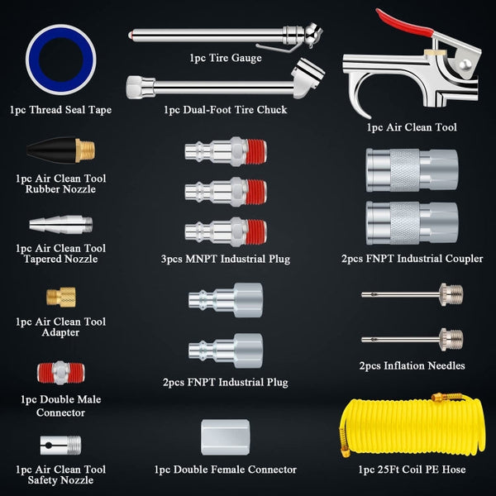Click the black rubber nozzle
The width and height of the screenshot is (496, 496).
[x=51, y=151]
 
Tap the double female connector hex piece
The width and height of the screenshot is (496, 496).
[x=225, y=434]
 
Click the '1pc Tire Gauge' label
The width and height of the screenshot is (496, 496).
[x=225, y=58]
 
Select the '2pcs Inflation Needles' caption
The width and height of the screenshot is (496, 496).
[x=412, y=365]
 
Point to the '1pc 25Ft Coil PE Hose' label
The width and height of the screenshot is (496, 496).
[x=412, y=470]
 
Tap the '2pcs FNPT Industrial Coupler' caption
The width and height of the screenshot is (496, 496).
[x=412, y=259]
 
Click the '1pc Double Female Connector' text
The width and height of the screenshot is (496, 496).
[x=225, y=470]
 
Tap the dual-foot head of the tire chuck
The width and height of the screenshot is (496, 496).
[x=307, y=79]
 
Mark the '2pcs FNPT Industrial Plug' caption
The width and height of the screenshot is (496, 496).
[x=225, y=382]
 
